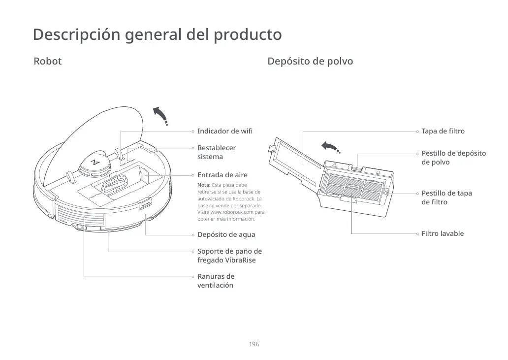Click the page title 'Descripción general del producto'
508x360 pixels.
(x=157, y=35)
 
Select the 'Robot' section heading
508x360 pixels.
(x=48, y=62)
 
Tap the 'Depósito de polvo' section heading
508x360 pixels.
(x=310, y=62)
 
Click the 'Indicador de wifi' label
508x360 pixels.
(x=225, y=131)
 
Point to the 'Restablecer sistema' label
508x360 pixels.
(x=217, y=152)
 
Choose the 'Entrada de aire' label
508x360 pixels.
(x=222, y=175)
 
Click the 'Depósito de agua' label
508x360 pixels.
(x=226, y=234)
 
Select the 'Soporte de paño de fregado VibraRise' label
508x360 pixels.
(x=229, y=256)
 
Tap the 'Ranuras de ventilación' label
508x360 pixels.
(x=216, y=281)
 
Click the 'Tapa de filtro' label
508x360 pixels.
(x=443, y=131)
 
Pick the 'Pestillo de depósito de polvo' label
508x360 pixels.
(x=453, y=158)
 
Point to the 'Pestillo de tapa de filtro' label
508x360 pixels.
(x=446, y=197)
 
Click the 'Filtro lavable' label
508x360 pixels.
(x=443, y=233)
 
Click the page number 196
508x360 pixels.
(x=254, y=344)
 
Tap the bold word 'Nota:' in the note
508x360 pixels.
(x=204, y=185)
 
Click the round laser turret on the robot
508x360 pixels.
(x=95, y=163)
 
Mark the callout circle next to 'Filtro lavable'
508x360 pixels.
(x=417, y=233)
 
